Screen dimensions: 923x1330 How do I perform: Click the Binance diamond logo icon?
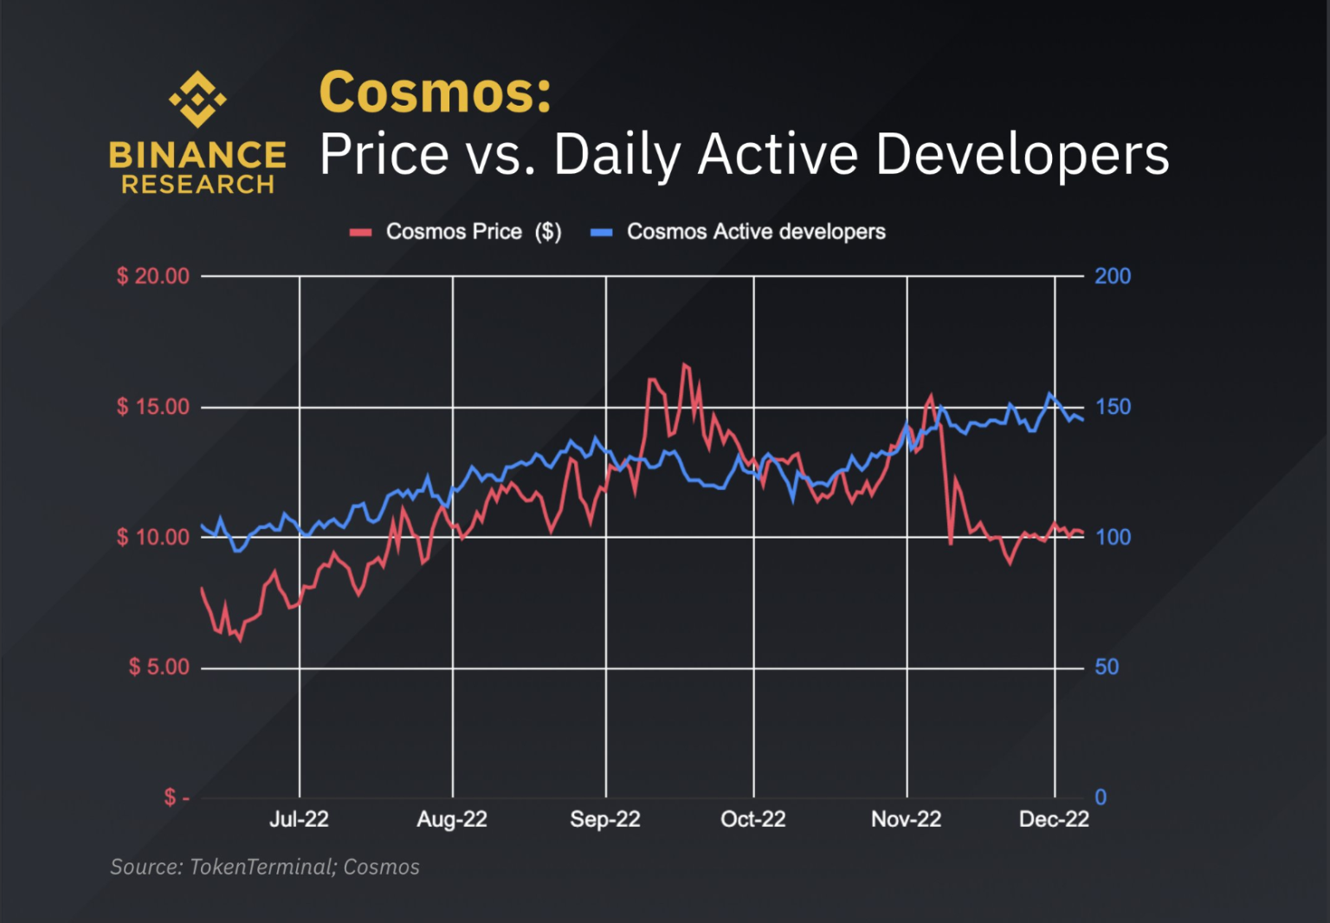(197, 99)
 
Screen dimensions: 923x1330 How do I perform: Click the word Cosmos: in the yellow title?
(435, 92)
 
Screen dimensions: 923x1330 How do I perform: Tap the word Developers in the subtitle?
(1022, 155)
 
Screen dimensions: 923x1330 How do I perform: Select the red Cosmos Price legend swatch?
(360, 232)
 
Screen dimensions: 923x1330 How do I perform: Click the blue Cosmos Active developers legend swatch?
(601, 232)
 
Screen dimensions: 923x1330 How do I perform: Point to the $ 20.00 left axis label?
(153, 276)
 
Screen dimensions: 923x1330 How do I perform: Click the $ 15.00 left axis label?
(153, 407)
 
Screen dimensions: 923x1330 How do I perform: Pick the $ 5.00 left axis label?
(159, 668)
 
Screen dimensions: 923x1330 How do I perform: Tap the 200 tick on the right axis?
(1113, 276)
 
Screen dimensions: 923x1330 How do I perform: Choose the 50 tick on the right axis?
(1107, 668)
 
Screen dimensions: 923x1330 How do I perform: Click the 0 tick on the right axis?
(1101, 797)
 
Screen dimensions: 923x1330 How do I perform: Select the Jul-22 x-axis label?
(299, 819)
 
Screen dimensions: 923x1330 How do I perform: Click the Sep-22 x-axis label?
(605, 819)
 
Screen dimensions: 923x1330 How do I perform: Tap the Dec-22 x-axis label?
(1054, 819)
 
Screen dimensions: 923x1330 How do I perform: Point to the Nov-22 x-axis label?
(906, 819)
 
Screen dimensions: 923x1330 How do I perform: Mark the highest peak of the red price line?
(684, 365)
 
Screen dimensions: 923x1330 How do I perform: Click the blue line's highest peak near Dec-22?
(1050, 394)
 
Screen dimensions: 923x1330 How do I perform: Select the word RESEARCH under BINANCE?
(197, 184)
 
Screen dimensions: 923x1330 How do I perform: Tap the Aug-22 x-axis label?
(452, 819)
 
